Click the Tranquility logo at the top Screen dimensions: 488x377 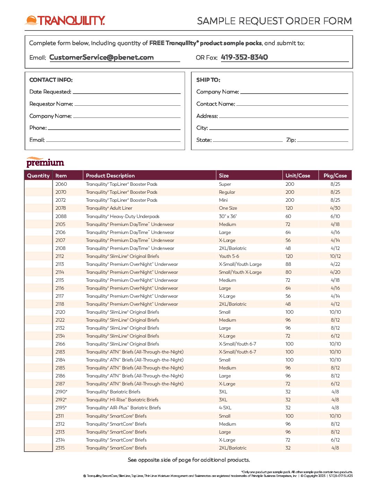coord(65,20)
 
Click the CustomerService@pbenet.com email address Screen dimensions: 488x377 coord(102,58)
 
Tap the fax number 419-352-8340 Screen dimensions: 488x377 coord(244,58)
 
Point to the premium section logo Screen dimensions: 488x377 coord(45,162)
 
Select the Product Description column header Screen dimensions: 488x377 coord(110,176)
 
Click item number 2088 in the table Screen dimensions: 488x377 coord(61,216)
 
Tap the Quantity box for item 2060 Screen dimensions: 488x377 coord(38,184)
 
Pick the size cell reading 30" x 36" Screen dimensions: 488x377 coord(228,216)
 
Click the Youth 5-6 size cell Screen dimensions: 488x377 coord(229,256)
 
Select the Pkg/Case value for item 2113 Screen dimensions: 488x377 coord(335,264)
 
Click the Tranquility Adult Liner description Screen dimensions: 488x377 coord(109,208)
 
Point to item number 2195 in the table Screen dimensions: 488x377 coord(61,408)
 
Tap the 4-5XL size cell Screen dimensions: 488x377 coord(225,408)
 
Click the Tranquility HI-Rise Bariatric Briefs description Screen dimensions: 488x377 coord(122,400)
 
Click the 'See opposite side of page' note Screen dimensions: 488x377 coord(189,460)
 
